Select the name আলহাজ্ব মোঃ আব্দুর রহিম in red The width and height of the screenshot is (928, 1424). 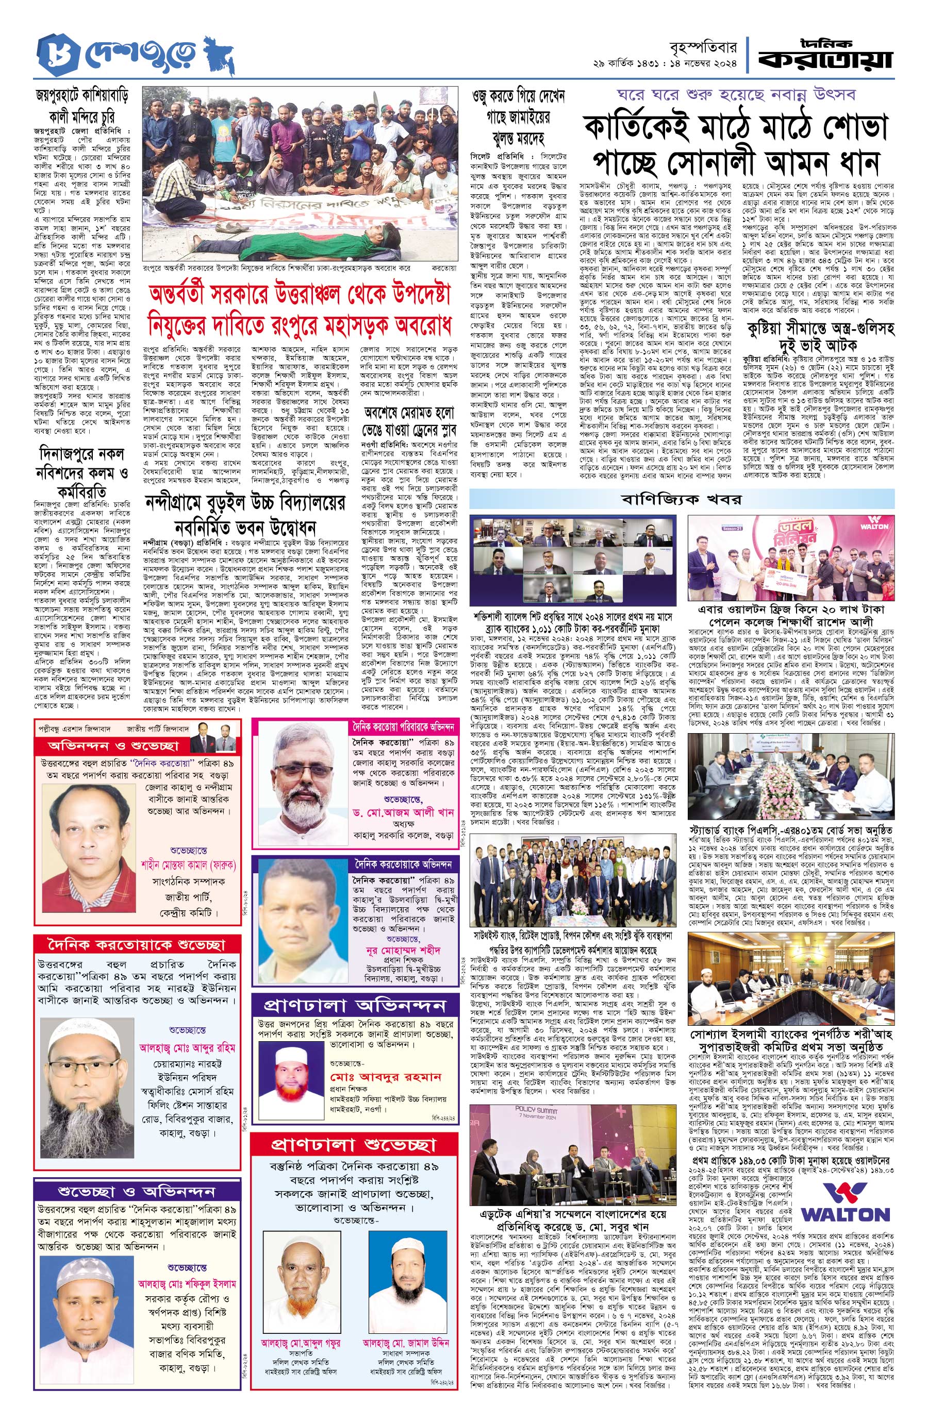(187, 1048)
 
